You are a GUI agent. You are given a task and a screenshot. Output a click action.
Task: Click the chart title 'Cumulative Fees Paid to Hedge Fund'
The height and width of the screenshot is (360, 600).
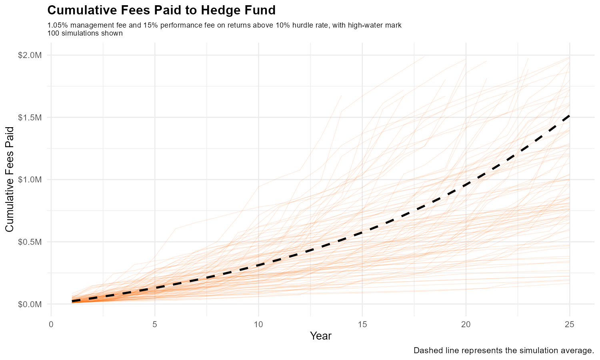pyautogui.click(x=161, y=10)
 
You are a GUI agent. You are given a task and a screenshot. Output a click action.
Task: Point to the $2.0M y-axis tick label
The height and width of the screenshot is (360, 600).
pyautogui.click(x=30, y=55)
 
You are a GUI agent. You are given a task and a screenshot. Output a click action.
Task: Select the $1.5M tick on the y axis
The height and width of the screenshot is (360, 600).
pyautogui.click(x=30, y=117)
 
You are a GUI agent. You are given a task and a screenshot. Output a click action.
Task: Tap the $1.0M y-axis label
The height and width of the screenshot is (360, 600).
pyautogui.click(x=30, y=180)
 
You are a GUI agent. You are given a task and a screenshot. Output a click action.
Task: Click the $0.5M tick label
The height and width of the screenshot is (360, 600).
pyautogui.click(x=30, y=242)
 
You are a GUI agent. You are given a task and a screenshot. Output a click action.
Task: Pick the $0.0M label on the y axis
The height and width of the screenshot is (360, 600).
pyautogui.click(x=30, y=304)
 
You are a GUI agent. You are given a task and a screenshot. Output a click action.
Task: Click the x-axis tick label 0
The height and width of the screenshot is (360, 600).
pyautogui.click(x=51, y=324)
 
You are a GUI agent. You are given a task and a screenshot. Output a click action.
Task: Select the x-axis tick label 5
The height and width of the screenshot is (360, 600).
pyautogui.click(x=155, y=324)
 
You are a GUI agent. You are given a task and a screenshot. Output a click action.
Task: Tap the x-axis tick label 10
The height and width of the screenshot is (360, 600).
pyautogui.click(x=258, y=324)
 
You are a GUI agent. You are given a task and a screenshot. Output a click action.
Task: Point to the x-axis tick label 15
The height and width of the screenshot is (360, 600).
pyautogui.click(x=362, y=324)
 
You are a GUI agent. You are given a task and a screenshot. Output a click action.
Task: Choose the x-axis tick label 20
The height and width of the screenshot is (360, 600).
pyautogui.click(x=466, y=324)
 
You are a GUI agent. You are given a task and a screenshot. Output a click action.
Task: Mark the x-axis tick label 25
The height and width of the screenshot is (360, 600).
pyautogui.click(x=570, y=324)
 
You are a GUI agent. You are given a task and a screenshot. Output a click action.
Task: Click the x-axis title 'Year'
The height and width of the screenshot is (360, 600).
pyautogui.click(x=321, y=336)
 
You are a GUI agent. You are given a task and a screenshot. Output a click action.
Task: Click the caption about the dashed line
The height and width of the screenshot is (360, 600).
pyautogui.click(x=503, y=351)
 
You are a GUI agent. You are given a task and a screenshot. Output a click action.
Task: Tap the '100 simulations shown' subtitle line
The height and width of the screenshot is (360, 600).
pyautogui.click(x=85, y=33)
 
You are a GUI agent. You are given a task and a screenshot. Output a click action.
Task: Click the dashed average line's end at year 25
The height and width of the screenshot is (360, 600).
pyautogui.click(x=569, y=116)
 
